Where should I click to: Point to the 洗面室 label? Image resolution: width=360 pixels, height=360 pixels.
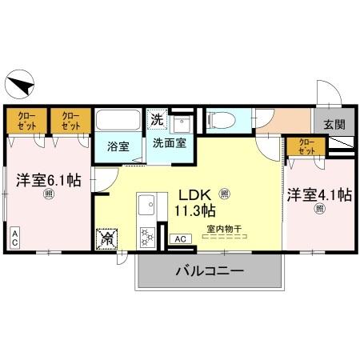click(170, 144)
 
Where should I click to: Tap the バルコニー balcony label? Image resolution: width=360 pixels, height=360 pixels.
click(210, 273)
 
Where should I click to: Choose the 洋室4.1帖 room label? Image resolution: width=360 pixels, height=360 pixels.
click(321, 194)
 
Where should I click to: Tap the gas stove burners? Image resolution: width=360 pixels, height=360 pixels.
click(147, 236)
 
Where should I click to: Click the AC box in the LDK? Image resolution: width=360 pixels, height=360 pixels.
click(180, 238)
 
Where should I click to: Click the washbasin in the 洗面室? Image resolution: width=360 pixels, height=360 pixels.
click(180, 125)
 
